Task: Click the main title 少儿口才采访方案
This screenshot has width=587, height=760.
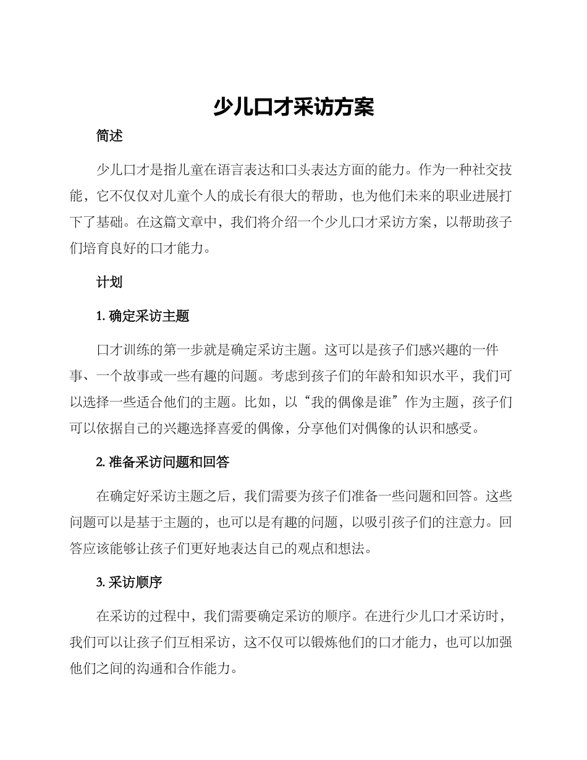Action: pyautogui.click(x=293, y=107)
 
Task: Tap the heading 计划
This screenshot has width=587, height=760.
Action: pyautogui.click(x=109, y=282)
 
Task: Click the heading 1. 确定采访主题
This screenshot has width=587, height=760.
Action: pyautogui.click(x=143, y=316)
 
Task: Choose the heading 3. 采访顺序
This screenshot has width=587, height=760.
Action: pyautogui.click(x=129, y=582)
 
